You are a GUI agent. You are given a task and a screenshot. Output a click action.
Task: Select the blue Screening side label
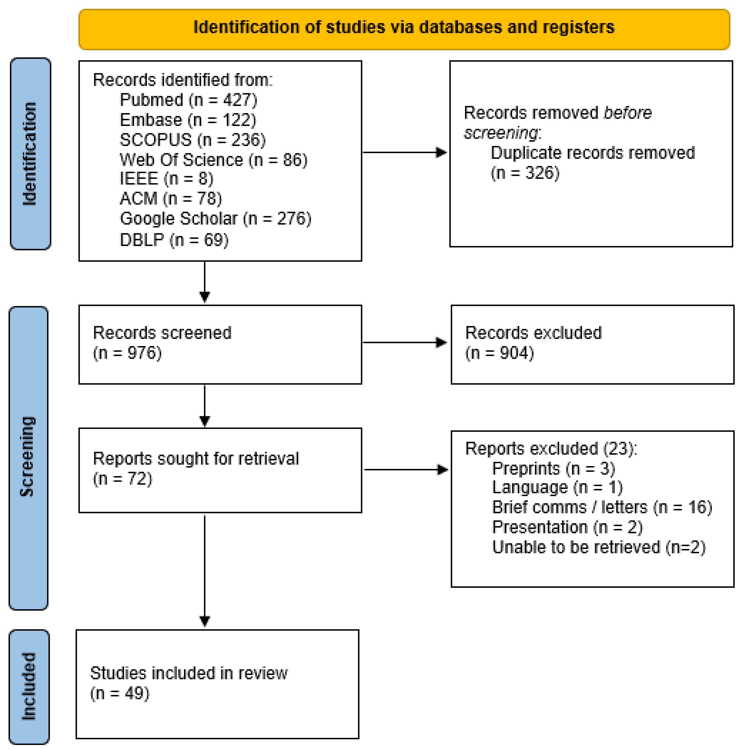28,458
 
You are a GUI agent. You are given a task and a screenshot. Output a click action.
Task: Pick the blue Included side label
29,686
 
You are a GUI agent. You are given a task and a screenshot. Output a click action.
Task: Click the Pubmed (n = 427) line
188,100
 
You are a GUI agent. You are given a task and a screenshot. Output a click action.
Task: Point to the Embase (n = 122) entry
188,120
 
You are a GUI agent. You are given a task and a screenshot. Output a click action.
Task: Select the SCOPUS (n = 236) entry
193,140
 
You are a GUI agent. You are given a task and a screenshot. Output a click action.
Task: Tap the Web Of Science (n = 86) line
213,160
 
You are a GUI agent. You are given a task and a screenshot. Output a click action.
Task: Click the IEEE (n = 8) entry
167,179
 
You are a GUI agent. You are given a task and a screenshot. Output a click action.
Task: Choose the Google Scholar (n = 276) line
215,219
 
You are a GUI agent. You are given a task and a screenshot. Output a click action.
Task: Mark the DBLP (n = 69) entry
174,240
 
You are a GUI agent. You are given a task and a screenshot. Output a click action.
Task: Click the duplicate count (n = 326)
525,173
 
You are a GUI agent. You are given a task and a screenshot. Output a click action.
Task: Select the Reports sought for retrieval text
196,459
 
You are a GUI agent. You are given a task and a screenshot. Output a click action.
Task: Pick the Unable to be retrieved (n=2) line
599,547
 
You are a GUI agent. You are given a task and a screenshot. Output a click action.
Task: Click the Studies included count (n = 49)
120,693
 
